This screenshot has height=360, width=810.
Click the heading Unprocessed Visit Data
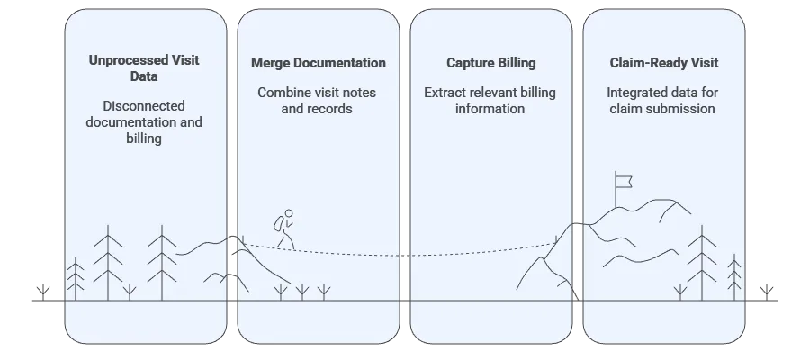(144, 68)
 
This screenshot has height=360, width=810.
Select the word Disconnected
(144, 104)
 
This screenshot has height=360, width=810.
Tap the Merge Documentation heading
(318, 63)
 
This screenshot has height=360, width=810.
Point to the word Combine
(283, 92)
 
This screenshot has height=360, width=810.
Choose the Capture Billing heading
(490, 63)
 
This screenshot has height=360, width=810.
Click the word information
(490, 108)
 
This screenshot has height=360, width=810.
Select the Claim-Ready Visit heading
(664, 63)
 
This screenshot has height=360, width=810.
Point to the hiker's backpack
(279, 222)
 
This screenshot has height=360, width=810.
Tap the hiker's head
(289, 213)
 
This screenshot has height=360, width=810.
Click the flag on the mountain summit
(625, 180)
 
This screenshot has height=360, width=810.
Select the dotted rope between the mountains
(405, 255)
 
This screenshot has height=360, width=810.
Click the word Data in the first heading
(144, 76)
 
